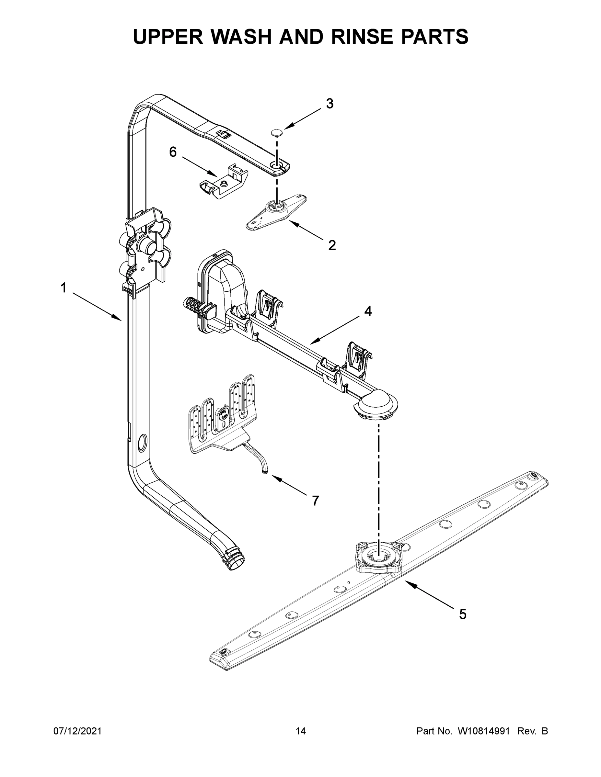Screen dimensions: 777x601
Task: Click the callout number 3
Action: [x=330, y=104]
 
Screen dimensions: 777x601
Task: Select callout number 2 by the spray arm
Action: [x=332, y=245]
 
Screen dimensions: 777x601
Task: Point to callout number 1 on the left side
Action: [x=64, y=288]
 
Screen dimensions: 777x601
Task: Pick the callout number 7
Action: [x=316, y=501]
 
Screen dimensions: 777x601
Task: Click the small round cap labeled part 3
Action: [x=276, y=133]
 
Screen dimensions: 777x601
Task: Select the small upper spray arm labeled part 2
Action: [x=276, y=211]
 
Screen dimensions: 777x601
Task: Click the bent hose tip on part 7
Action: [x=265, y=472]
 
